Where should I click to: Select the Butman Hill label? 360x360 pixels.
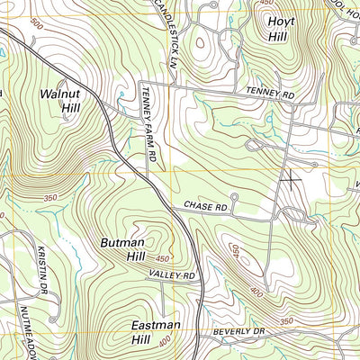click(x=122, y=249)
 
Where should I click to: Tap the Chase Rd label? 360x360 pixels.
click(x=205, y=206)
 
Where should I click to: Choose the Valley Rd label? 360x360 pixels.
click(x=172, y=274)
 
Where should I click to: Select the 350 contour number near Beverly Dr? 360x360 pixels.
click(x=286, y=321)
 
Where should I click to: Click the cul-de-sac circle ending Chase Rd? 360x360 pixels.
click(x=234, y=196)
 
